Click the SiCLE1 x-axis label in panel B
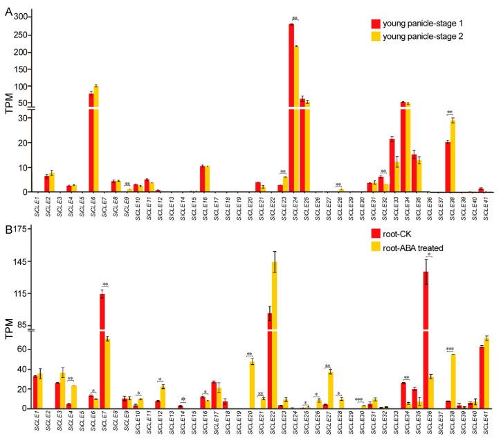pos(35,423)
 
